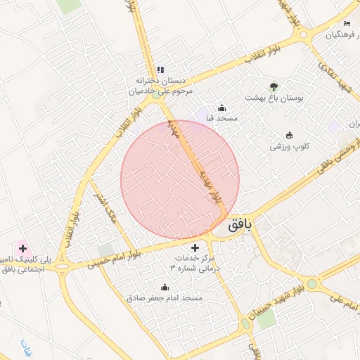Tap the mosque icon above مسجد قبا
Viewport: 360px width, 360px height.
pos(222,108)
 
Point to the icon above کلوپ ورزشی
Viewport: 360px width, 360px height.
pos(289,135)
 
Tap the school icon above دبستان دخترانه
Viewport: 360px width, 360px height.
pos(160,70)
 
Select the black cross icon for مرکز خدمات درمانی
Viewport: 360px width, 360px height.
pos(195,247)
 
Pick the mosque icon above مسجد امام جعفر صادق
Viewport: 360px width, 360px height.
pos(165,287)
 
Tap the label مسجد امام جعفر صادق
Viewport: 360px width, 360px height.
pos(165,298)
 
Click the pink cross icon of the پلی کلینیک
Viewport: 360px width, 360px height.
pos(23,247)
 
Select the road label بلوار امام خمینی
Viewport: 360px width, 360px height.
pos(112,259)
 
